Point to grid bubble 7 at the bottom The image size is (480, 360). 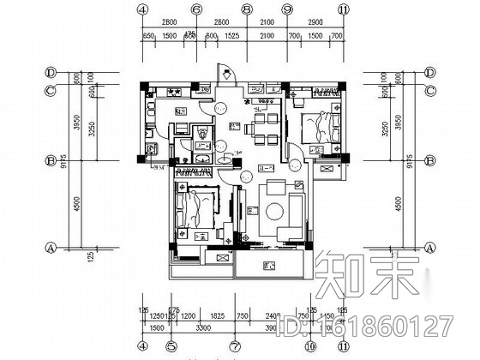point(234,347)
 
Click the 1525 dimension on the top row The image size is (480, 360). point(231,38)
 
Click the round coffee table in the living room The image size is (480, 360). point(278,210)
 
